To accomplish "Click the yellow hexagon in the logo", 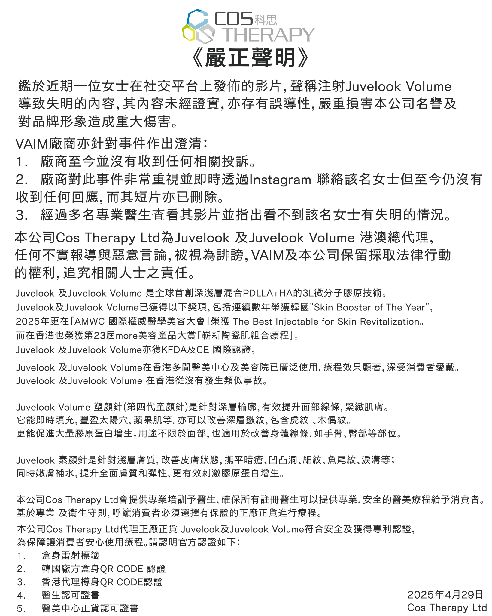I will pyautogui.click(x=189, y=33).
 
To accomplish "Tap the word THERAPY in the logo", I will pyautogui.click(x=268, y=35).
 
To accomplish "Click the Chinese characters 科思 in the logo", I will pyautogui.click(x=266, y=20).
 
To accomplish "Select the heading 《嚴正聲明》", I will pyautogui.click(x=250, y=57).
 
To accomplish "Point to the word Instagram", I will pyautogui.click(x=280, y=180).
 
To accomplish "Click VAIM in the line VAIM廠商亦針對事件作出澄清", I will pyautogui.click(x=32, y=144).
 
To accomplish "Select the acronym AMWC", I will pyautogui.click(x=90, y=321).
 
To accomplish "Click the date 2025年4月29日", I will pyautogui.click(x=445, y=595).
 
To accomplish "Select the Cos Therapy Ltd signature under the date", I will pyautogui.click(x=447, y=608).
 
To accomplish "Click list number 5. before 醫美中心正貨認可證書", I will pyautogui.click(x=21, y=608).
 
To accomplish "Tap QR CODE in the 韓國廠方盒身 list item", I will pyautogui.click(x=121, y=569).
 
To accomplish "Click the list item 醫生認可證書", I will pyautogui.click(x=71, y=595).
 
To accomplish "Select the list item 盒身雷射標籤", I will pyautogui.click(x=71, y=556).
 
